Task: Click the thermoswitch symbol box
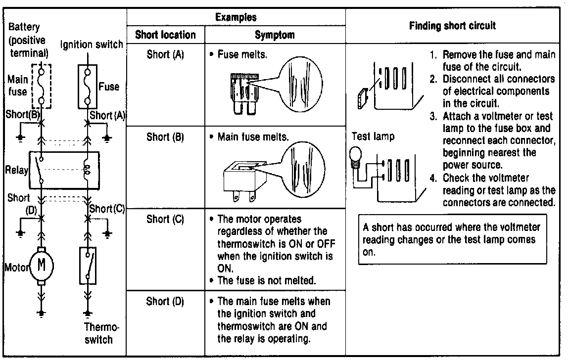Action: [88, 266]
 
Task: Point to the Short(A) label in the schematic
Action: [107, 116]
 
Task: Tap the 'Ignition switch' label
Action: [92, 45]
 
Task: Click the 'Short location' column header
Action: [165, 35]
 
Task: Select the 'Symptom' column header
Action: [275, 35]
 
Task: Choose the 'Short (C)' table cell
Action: [165, 220]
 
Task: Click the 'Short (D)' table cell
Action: [165, 302]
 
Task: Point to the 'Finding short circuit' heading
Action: [452, 26]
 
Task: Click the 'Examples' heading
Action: [236, 17]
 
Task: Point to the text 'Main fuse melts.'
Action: [252, 136]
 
